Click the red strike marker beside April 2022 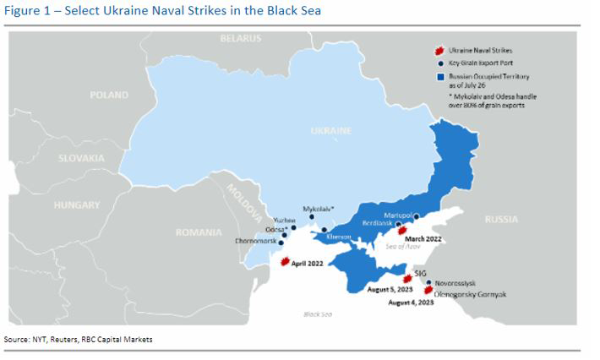click(286, 261)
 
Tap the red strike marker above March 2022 click(402, 229)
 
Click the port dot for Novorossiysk click(428, 283)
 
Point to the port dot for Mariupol click(416, 216)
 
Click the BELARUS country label click(241, 39)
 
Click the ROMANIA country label click(199, 232)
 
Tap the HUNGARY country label click(77, 205)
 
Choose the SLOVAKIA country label click(81, 158)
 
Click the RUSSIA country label click(501, 219)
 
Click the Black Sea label click(318, 314)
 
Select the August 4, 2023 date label click(412, 302)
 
